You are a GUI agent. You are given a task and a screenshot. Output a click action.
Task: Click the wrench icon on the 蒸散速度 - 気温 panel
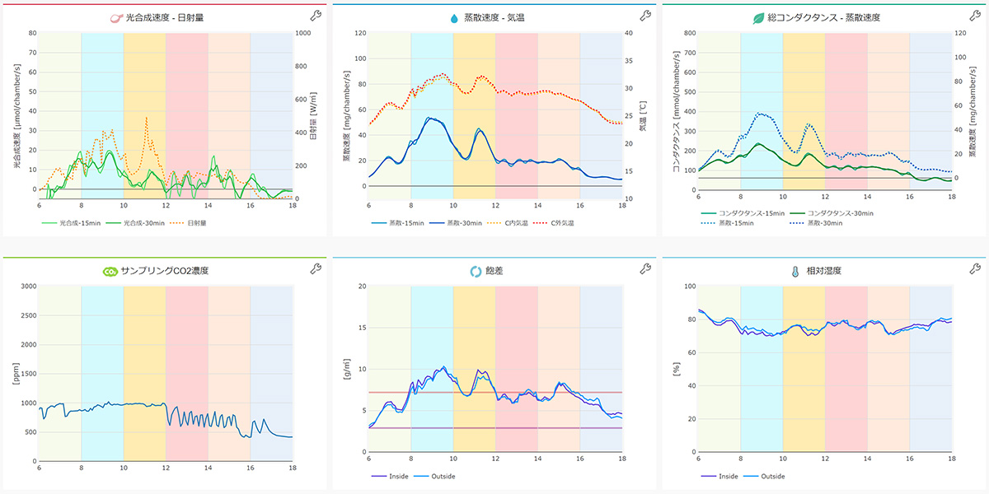click(x=645, y=16)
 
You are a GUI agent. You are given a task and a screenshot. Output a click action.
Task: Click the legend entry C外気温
click(x=564, y=223)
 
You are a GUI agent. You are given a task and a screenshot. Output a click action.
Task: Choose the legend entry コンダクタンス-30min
click(x=838, y=213)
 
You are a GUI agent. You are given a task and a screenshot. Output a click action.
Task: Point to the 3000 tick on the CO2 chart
click(x=27, y=287)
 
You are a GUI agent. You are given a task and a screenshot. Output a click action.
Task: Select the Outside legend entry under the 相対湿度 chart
click(x=771, y=476)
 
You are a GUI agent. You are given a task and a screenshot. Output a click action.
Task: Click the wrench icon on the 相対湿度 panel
click(x=975, y=268)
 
